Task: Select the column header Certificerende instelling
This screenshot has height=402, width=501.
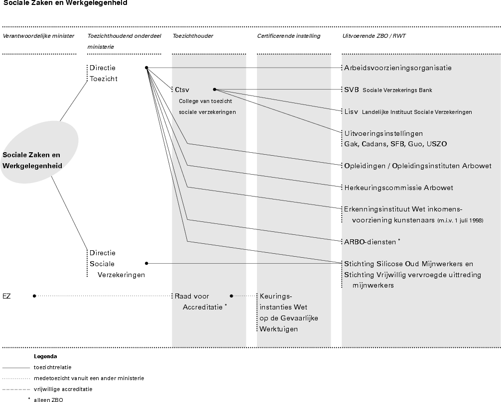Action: point(289,36)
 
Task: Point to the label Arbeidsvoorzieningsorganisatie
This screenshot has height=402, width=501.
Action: point(398,68)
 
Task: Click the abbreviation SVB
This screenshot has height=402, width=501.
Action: point(352,90)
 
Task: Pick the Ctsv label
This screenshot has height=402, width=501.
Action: point(182,90)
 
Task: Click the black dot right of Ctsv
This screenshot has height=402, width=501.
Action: point(215,90)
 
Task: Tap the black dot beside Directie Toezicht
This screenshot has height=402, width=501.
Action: point(146,68)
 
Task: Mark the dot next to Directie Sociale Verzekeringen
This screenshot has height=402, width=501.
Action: point(146,263)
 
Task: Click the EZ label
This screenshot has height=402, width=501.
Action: point(6,296)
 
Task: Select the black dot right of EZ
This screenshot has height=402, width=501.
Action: point(34,296)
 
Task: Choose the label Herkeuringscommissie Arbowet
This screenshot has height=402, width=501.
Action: point(398,188)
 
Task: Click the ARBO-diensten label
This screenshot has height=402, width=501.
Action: point(371,242)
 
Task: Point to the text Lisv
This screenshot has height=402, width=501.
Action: point(351,111)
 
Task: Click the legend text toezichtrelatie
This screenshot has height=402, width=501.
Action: point(52,367)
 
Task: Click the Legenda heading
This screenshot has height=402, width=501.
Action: point(45,356)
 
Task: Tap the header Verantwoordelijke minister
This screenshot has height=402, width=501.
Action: point(38,36)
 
